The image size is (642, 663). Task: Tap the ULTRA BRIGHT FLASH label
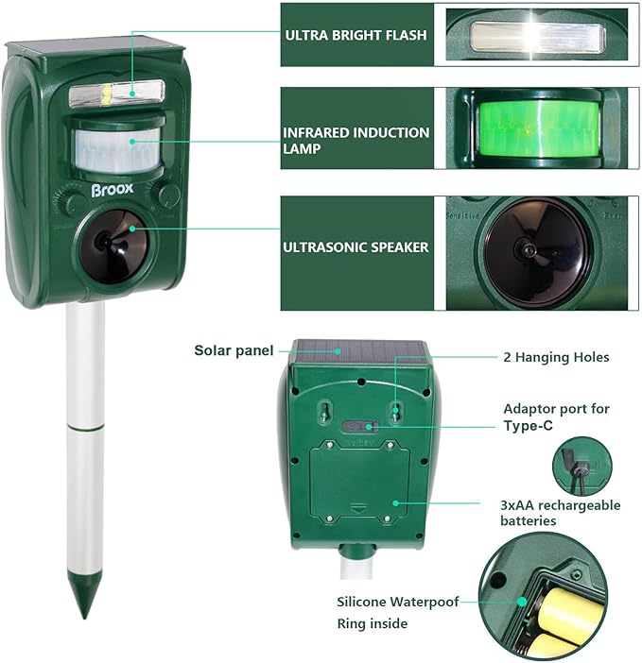tap(356, 35)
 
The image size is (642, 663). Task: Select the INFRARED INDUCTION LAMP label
tap(356, 141)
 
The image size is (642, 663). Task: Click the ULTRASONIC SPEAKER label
tap(356, 247)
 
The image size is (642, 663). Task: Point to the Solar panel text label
tap(234, 350)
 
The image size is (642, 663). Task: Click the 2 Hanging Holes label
tap(555, 357)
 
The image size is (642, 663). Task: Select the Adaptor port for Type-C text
tap(556, 416)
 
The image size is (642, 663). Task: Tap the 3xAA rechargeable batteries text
tap(560, 513)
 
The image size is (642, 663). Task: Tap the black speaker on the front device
tap(112, 245)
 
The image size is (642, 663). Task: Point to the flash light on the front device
tap(116, 93)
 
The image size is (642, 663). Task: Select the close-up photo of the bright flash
tap(536, 38)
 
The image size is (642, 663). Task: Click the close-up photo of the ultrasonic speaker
tap(536, 252)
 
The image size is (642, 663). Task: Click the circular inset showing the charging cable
tap(581, 466)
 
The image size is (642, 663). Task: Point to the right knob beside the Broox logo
tap(168, 195)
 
